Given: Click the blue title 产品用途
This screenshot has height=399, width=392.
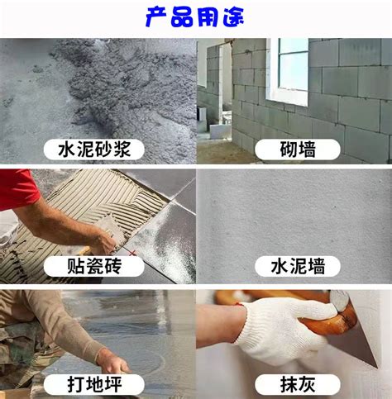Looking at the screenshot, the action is point(194,17).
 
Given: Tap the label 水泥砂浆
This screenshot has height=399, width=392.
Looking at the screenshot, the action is point(94,150).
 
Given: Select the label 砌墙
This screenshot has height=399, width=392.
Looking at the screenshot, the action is point(298,150).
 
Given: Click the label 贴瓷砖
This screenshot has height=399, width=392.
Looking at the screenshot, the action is point(94,266).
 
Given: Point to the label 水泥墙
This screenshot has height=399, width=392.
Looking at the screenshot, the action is point(298,266).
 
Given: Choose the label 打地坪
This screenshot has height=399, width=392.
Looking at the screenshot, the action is point(94,384).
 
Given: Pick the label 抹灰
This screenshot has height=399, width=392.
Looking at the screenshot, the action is point(298,384).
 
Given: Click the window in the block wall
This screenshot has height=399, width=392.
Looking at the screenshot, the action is point(288,72).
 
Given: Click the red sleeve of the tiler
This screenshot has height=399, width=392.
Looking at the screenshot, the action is point(17,188).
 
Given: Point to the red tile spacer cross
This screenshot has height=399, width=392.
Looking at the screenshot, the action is point(133,253).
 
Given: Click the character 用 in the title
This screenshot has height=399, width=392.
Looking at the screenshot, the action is point(208,17).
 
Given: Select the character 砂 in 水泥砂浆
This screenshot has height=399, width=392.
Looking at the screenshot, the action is point(103,150).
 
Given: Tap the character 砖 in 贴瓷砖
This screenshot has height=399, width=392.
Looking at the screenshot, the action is point(112,266).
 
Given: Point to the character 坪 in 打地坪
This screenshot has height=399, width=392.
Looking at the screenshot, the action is point(112,384).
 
